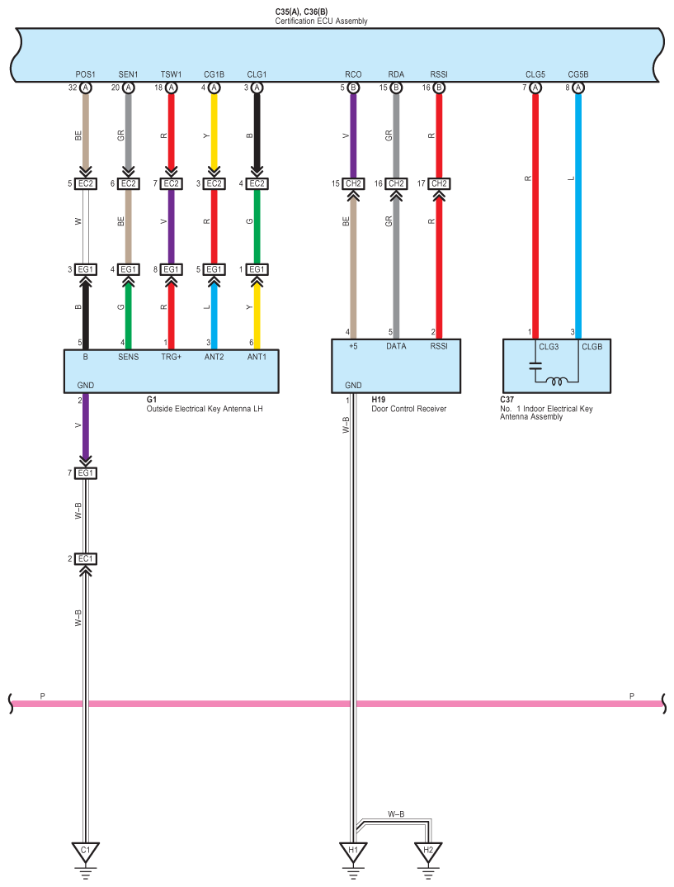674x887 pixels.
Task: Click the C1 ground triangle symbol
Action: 85,850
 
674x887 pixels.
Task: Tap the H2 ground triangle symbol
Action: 427,850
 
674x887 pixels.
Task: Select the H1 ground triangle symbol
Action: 353,850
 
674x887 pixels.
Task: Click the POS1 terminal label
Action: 85,75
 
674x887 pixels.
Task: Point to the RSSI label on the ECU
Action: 439,75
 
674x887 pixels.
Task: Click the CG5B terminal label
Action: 577,75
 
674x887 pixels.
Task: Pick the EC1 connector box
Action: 86,559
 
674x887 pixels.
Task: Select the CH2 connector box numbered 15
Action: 353,183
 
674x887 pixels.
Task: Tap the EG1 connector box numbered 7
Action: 86,473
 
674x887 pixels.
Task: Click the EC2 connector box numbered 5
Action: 86,183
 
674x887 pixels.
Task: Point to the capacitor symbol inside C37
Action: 535,366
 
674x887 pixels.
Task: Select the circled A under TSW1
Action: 172,88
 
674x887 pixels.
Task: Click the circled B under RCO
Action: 353,88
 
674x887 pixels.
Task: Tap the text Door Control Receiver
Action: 409,409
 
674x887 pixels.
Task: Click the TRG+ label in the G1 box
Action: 171,357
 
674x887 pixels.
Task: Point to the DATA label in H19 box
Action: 396,347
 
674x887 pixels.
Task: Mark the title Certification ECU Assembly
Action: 321,21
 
